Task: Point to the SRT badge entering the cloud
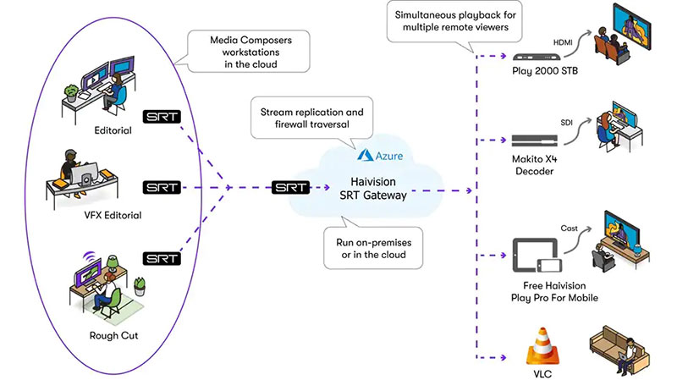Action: tap(290, 186)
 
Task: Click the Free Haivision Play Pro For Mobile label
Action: tap(542, 292)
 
